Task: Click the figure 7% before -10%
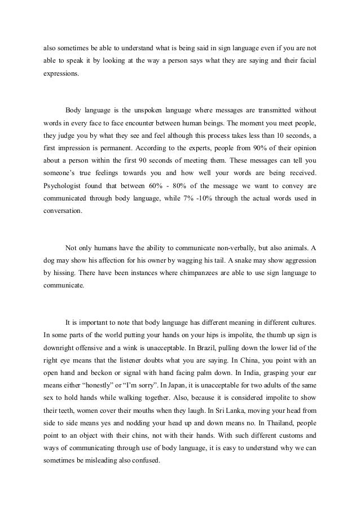216,199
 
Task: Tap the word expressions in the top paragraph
62,73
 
